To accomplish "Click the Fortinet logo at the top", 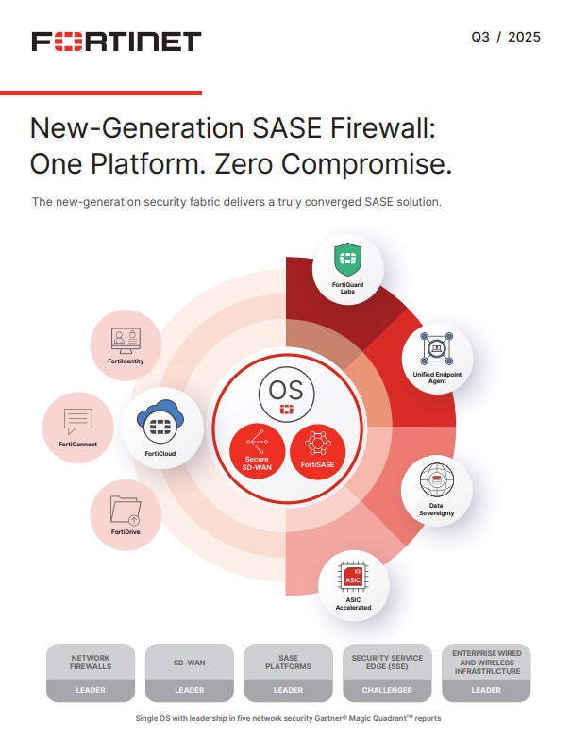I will pos(116,41).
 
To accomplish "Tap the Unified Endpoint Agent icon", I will pos(436,351).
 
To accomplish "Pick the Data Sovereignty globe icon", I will pos(436,481).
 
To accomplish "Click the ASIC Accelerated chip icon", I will pos(351,574).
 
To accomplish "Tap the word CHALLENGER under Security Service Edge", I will pos(386,690).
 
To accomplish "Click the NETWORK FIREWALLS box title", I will pos(91,662).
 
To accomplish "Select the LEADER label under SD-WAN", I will pos(189,690).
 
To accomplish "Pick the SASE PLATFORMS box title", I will pos(288,662).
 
